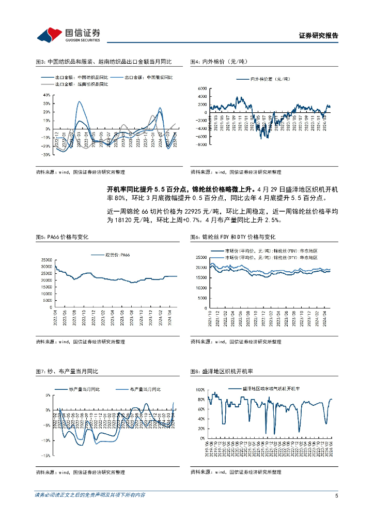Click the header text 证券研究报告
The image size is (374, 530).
click(x=319, y=36)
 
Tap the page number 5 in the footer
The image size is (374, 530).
click(x=336, y=495)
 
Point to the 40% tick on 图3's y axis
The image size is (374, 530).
click(x=46, y=95)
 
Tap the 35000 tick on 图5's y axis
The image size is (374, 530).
click(x=46, y=260)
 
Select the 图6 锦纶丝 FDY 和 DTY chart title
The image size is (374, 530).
click(x=232, y=237)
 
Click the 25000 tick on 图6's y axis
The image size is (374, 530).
click(x=201, y=257)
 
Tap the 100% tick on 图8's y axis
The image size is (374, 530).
click(x=200, y=389)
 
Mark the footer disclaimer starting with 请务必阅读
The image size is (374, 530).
click(x=90, y=495)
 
